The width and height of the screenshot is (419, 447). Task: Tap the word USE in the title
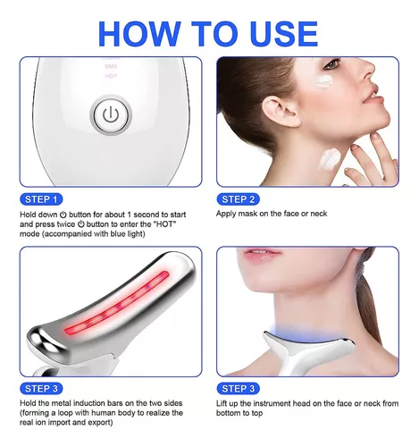click(x=274, y=33)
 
